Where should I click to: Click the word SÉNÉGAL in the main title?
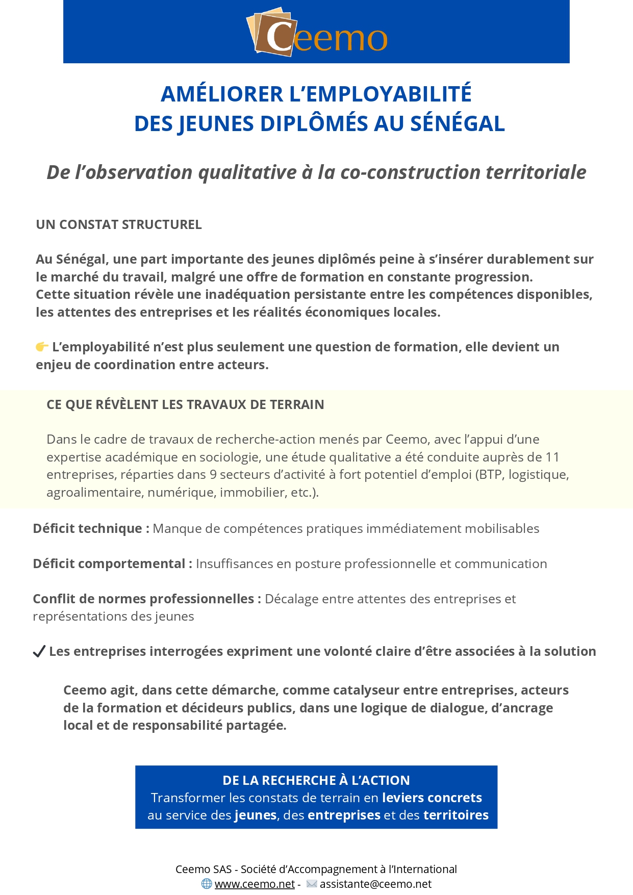pos(458,124)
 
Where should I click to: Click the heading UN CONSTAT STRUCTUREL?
pos(119,225)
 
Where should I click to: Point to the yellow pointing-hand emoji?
pos(42,347)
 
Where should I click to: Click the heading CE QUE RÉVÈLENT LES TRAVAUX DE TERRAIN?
pos(185,405)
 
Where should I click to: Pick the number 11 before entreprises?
pos(552,457)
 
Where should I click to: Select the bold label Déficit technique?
pos(88,529)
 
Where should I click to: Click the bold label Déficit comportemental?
pos(109,564)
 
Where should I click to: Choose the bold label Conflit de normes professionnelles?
pos(143,599)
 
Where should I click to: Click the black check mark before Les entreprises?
pos(39,652)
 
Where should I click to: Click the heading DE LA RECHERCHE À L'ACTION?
pos(316,781)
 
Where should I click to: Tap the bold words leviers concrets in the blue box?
pos(432,798)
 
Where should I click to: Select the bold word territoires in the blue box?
pos(456,815)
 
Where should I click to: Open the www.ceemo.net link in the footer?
pos(255,884)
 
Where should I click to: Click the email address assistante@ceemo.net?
pos(375,884)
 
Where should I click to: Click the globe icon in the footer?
pos(207,884)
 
